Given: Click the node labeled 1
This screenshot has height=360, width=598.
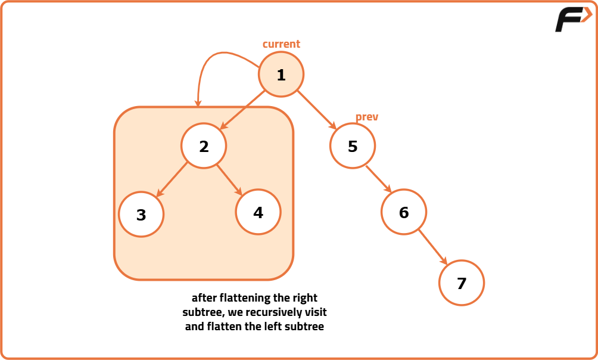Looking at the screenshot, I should click(281, 75).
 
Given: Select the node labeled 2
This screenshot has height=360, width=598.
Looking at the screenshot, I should click(204, 146).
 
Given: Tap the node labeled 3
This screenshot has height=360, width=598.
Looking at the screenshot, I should click(141, 215).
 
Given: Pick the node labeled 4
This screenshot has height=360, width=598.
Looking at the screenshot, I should click(258, 212).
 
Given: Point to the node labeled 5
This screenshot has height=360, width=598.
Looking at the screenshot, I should click(353, 146).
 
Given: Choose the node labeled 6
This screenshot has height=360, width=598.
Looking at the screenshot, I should click(404, 212).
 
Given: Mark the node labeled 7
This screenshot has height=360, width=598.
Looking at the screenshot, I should click(462, 283).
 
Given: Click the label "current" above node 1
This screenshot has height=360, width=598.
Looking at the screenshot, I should click(281, 44).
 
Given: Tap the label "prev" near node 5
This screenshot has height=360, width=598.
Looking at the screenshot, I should click(367, 117).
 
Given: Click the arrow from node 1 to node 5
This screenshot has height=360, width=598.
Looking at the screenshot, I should click(317, 110).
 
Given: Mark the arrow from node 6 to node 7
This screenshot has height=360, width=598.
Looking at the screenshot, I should click(432, 246).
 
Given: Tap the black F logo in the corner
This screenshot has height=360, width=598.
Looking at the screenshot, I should click(572, 20).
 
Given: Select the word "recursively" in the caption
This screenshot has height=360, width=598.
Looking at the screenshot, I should click(276, 312).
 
